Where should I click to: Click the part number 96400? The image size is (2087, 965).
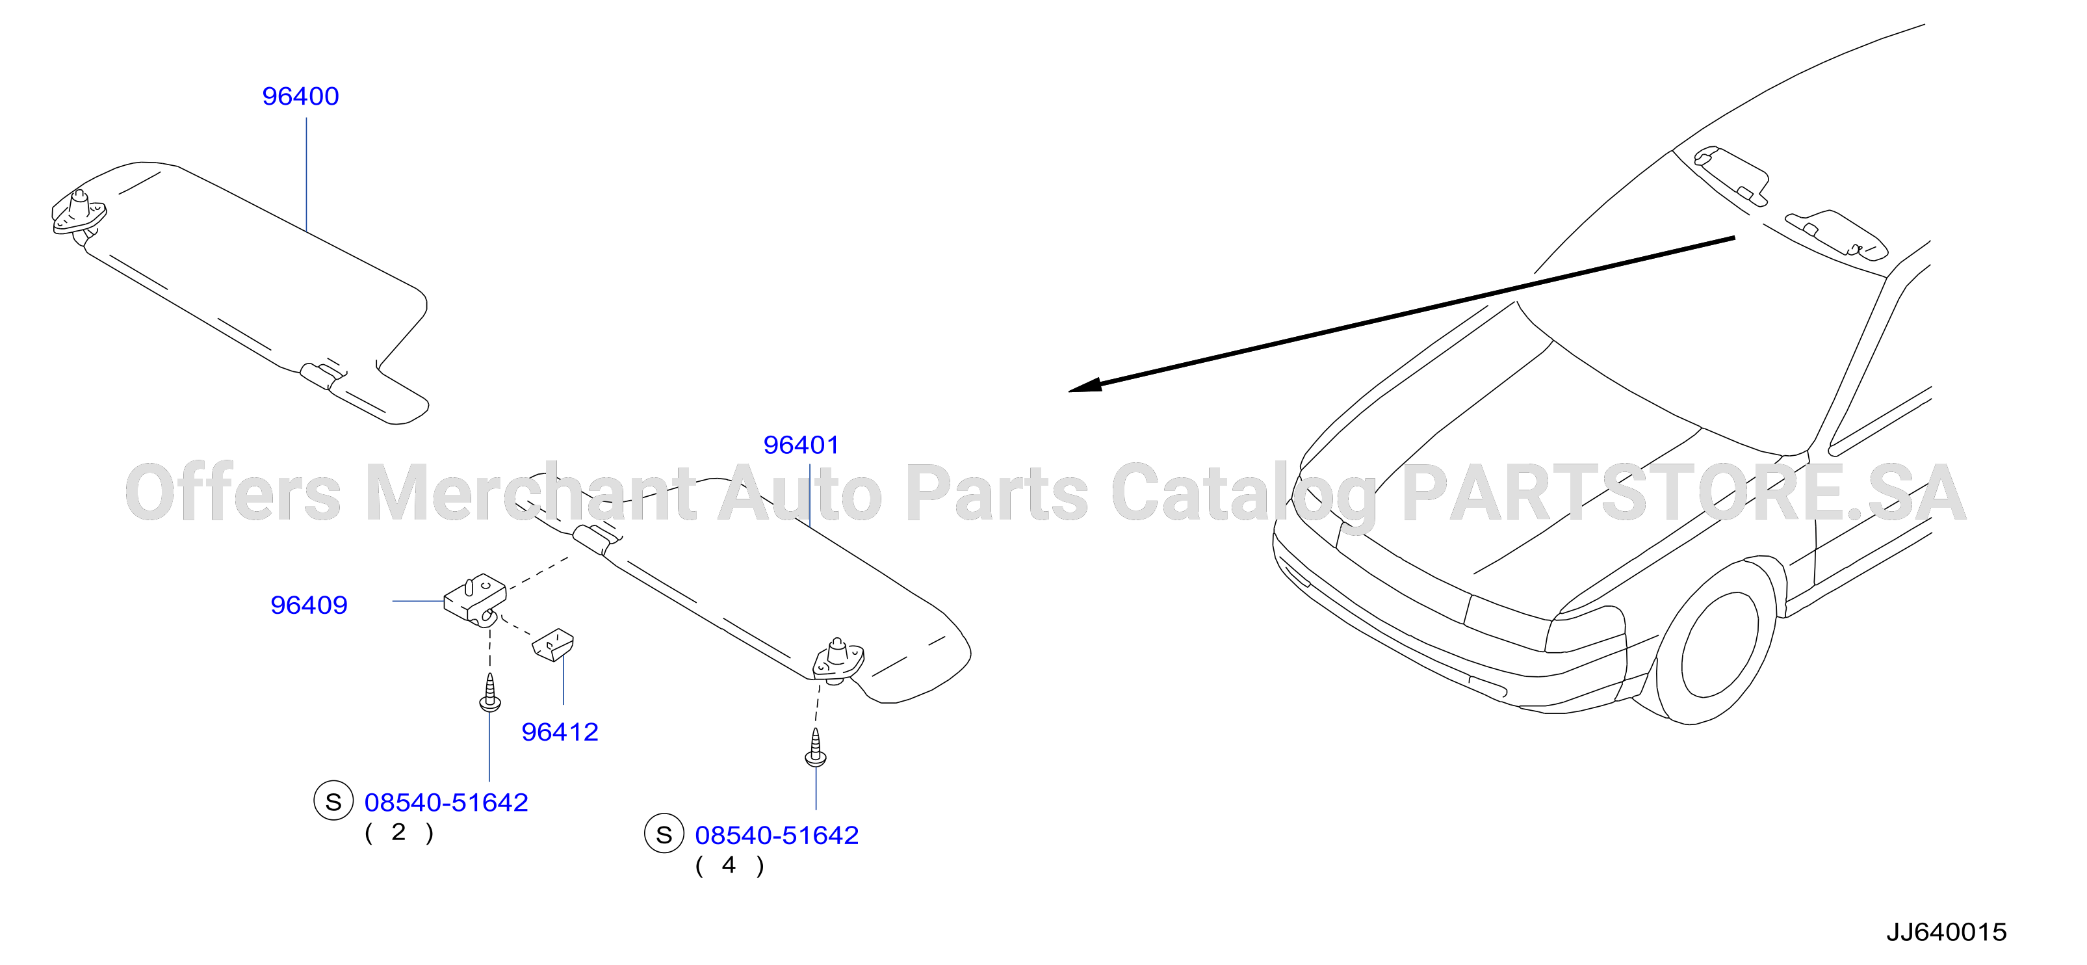tap(300, 96)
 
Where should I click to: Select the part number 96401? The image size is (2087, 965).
tap(801, 445)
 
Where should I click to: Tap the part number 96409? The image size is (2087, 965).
tap(309, 605)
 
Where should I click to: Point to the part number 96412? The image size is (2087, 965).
tap(560, 732)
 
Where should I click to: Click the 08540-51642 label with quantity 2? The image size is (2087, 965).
tap(447, 802)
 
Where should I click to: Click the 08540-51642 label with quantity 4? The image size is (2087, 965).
tap(777, 836)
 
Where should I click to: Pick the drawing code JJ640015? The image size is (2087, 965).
tap(1946, 932)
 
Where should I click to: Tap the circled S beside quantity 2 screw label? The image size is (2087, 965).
tap(333, 801)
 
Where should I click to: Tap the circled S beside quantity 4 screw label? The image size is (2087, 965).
tap(664, 834)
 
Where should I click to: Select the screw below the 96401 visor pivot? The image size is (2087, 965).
tap(816, 747)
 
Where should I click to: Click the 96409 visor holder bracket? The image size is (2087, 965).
tap(476, 599)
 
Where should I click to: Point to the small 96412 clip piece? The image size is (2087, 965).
tap(552, 645)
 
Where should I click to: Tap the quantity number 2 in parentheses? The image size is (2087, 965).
tap(398, 832)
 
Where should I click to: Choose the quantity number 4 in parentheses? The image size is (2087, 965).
tap(729, 866)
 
